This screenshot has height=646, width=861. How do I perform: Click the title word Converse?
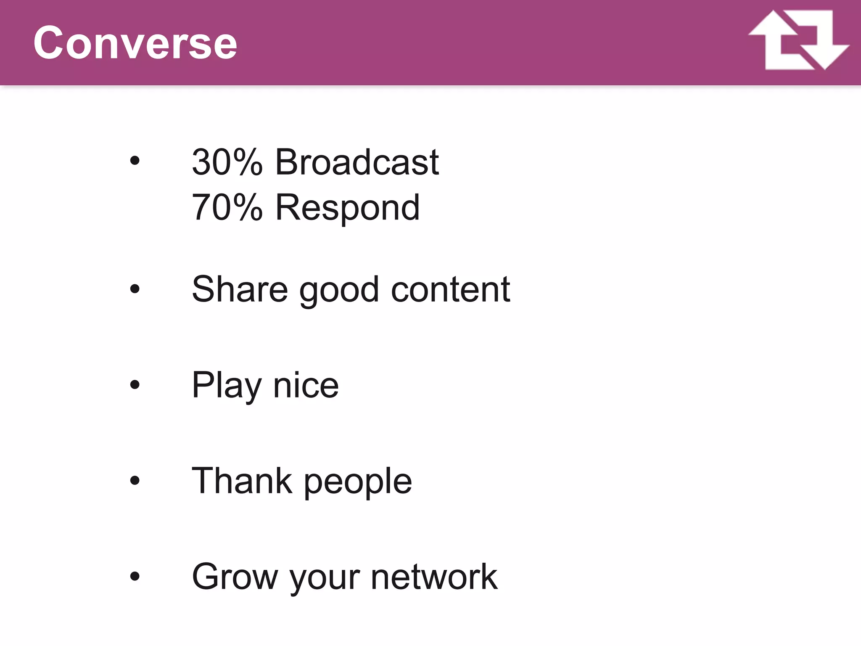[x=135, y=43]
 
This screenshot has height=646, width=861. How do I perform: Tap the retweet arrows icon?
[x=798, y=40]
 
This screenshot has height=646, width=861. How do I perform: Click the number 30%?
[x=227, y=162]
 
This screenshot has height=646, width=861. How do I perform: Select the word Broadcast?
[x=357, y=162]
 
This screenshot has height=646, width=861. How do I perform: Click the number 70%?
[x=227, y=207]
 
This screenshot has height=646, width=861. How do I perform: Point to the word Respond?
[x=347, y=207]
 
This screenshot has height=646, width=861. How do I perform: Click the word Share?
[x=240, y=289]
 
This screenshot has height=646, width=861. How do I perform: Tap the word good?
[x=339, y=291]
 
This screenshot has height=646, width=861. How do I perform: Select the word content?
[x=450, y=289]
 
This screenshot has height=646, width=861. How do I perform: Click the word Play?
[x=227, y=386]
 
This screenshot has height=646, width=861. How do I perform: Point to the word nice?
[x=306, y=386]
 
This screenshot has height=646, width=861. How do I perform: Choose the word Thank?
[x=242, y=480]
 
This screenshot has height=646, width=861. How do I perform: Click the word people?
[x=358, y=482]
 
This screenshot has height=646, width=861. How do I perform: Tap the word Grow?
[x=235, y=577]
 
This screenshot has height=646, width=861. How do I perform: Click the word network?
[x=434, y=577]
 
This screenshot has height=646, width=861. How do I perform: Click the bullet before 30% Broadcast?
[x=135, y=160]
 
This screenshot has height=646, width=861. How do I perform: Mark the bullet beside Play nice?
[x=135, y=384]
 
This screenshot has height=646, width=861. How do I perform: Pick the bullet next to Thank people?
[x=135, y=480]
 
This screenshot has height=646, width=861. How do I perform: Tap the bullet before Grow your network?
[x=135, y=576]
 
